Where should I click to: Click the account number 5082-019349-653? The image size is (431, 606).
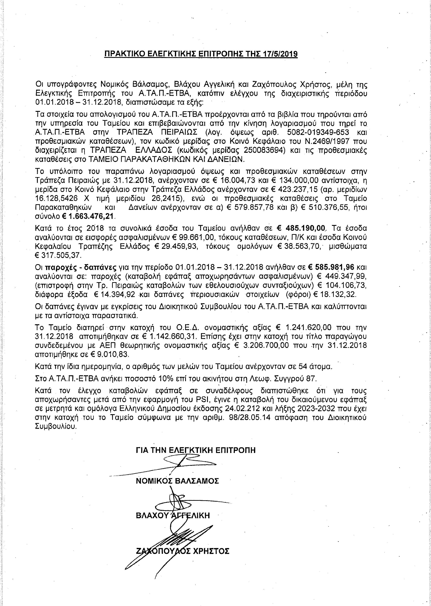[x=314, y=132]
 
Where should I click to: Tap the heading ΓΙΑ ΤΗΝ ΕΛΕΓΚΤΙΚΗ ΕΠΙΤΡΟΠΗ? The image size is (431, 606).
[x=196, y=450]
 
